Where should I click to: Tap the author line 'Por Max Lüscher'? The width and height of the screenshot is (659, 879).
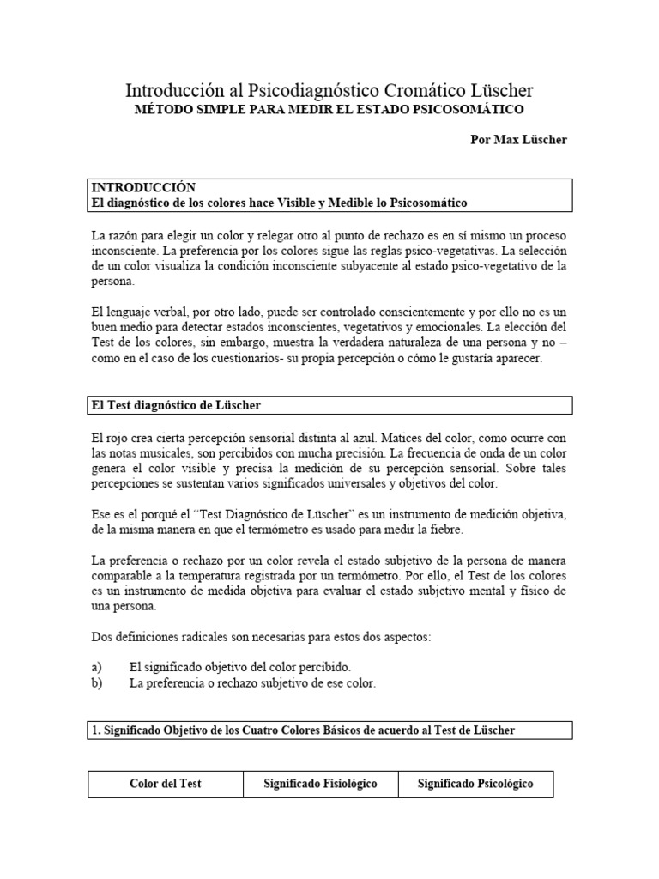[x=519, y=140]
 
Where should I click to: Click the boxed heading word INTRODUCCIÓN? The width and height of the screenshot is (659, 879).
[x=143, y=187]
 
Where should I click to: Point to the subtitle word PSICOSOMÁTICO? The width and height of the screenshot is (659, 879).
[x=473, y=110]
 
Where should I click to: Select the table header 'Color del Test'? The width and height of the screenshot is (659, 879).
[x=165, y=784]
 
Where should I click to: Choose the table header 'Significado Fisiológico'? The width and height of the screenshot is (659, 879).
[x=320, y=784]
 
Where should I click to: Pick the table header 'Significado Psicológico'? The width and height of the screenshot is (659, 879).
[x=475, y=784]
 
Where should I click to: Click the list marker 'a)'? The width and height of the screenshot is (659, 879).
[x=96, y=666]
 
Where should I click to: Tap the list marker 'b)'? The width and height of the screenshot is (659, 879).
[x=96, y=682]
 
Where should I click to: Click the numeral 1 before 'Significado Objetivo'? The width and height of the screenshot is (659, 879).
[x=94, y=730]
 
